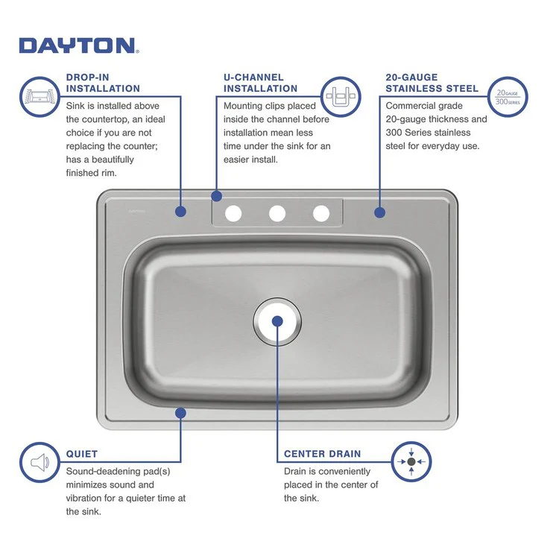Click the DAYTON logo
click(78, 45)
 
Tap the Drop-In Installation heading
click(103, 83)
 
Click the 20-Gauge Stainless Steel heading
click(432, 83)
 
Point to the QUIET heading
click(82, 453)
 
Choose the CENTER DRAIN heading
click(322, 453)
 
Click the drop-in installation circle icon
click(39, 96)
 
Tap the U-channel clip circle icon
click(342, 97)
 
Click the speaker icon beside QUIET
click(39, 463)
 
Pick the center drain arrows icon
click(411, 462)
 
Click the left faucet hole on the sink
click(233, 214)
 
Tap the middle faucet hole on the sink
click(277, 214)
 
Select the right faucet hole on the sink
click(321, 214)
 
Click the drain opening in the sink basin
click(277, 321)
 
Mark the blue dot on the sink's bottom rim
click(180, 411)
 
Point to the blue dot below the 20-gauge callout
click(379, 212)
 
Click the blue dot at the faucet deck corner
click(216, 196)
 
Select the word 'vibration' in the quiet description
click(87, 498)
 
